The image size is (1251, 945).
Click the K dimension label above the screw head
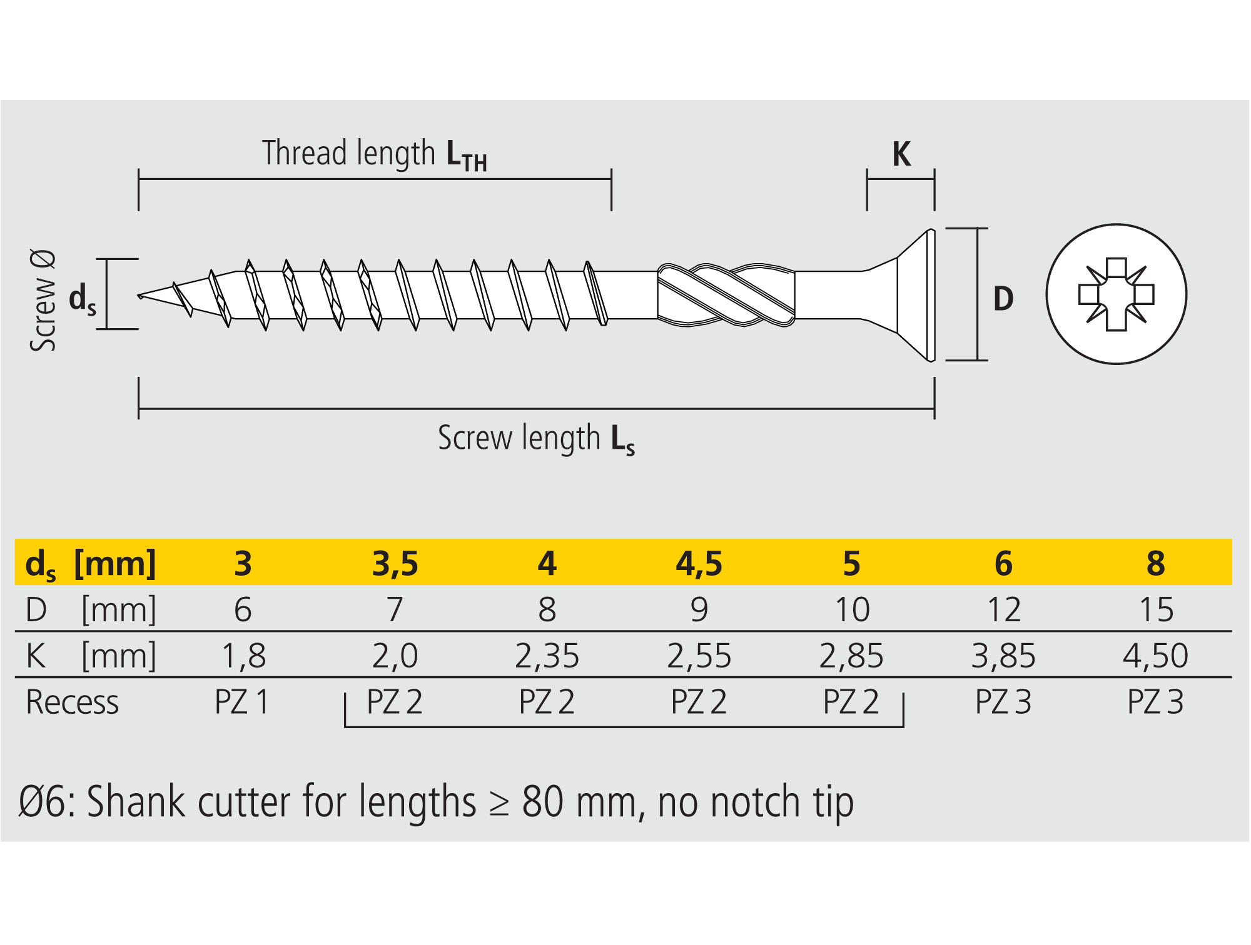click(x=901, y=154)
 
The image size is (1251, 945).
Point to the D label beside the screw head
click(x=1003, y=299)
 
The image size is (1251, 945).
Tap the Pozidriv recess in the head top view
click(x=1117, y=294)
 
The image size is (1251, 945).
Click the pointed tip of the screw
click(x=139, y=296)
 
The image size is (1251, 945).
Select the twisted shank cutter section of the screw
click(x=726, y=295)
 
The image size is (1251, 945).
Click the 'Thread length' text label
click(x=348, y=153)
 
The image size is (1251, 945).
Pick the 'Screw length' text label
click(x=519, y=437)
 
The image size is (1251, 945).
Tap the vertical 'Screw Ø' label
click(x=43, y=301)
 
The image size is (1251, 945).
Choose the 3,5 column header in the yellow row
click(x=395, y=563)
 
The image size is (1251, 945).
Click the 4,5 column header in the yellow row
click(x=699, y=563)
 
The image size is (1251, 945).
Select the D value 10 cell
click(x=852, y=609)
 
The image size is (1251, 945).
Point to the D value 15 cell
click(x=1156, y=609)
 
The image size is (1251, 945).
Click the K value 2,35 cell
click(x=547, y=656)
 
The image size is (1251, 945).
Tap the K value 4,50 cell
click(x=1155, y=656)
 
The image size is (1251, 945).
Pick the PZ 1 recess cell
click(x=242, y=701)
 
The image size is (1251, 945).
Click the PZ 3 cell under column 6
click(x=1003, y=701)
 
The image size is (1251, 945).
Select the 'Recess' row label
click(x=72, y=702)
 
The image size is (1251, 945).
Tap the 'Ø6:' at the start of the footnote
click(x=47, y=802)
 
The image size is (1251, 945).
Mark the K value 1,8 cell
click(x=243, y=656)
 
